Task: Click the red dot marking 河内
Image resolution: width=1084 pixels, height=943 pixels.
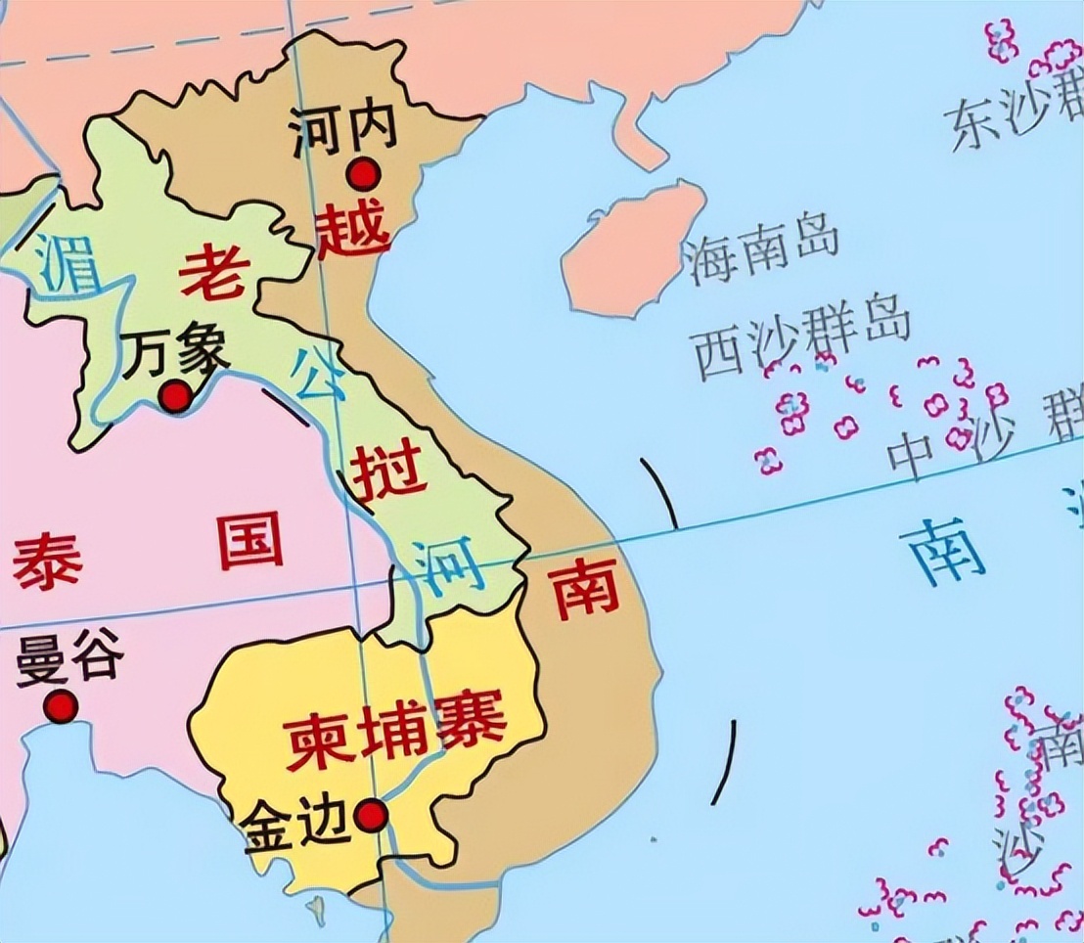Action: click(364, 174)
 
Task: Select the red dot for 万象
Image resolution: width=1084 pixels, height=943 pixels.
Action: click(176, 397)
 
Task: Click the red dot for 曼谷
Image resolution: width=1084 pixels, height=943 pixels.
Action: click(61, 706)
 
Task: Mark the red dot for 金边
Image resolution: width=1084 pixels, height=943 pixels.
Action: click(370, 815)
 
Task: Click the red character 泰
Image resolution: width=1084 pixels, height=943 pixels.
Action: click(47, 561)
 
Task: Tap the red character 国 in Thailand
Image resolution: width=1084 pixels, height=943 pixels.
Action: click(249, 541)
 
